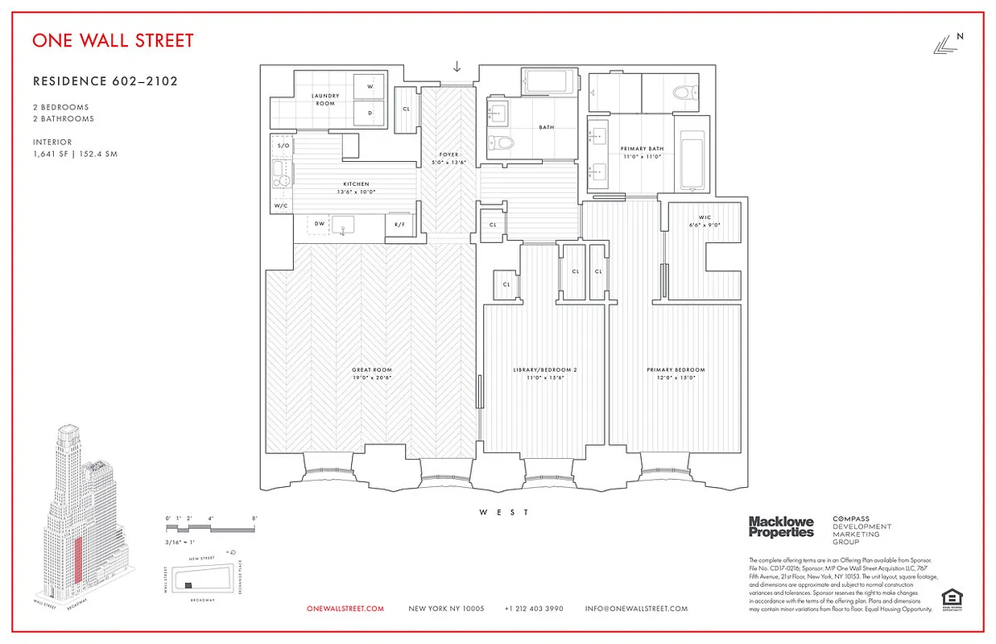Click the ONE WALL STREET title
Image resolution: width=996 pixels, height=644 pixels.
(x=113, y=40)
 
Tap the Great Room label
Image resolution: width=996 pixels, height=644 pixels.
(x=372, y=374)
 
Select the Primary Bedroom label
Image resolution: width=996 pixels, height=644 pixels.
(x=676, y=374)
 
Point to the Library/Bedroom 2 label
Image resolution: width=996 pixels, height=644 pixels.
(x=545, y=374)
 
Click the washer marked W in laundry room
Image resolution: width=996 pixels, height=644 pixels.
(x=370, y=86)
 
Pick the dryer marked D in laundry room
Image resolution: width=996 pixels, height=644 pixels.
(x=370, y=113)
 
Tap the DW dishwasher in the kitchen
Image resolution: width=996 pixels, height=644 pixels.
(x=320, y=224)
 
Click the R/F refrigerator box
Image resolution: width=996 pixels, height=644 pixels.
(x=399, y=225)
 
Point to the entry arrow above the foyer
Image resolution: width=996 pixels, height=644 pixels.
(x=457, y=66)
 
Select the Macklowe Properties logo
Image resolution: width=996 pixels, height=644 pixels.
(x=781, y=527)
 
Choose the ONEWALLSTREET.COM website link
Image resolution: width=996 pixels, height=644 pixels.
(x=345, y=609)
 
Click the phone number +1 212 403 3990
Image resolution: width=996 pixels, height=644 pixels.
(x=534, y=609)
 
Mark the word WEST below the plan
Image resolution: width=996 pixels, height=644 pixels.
(x=504, y=512)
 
